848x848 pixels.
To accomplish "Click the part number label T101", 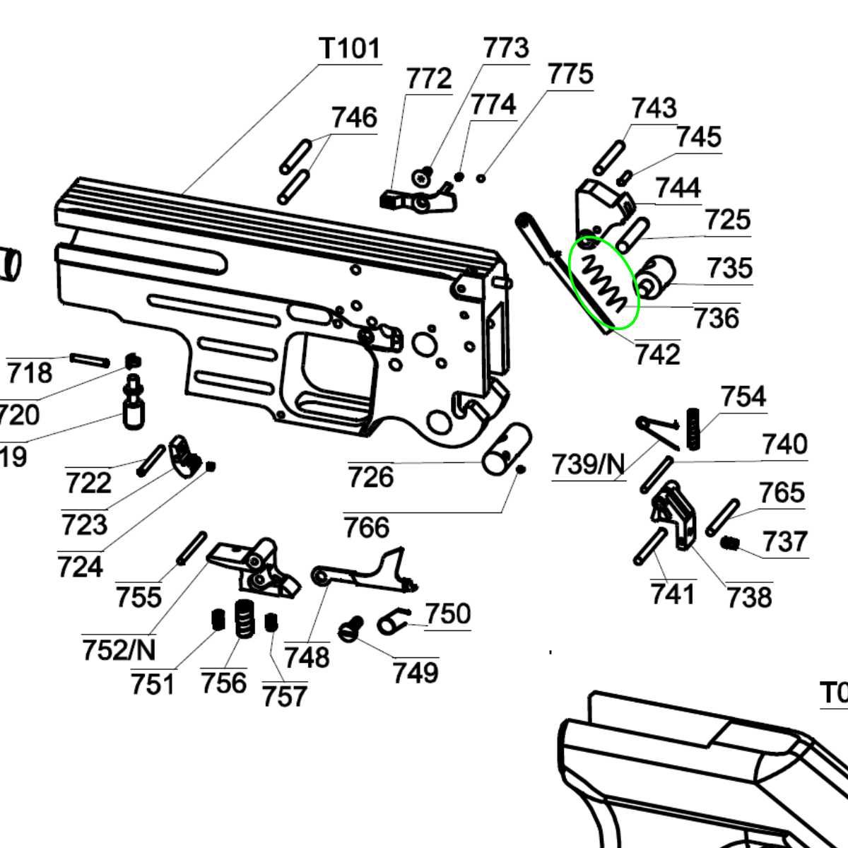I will coord(351,49).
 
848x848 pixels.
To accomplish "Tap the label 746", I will coord(354,117).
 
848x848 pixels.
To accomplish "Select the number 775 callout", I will coord(570,74).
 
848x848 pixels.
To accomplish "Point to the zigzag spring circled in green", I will coord(603,283).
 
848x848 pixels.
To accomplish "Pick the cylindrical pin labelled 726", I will coord(507,449).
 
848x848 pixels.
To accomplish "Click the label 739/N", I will coord(588,465).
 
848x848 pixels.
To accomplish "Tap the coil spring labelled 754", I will coord(694,428).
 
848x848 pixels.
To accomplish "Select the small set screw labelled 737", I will coord(731,543).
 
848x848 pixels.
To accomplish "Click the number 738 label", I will coord(749,597).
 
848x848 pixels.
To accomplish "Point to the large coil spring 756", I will coord(244,619).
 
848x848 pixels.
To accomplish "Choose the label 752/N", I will coord(119,649).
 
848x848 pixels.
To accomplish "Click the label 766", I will coord(367,527).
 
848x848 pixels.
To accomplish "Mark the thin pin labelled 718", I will coord(90,358).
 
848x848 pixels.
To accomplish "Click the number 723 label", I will coord(84,525).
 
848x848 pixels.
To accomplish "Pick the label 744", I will coord(678,188).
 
